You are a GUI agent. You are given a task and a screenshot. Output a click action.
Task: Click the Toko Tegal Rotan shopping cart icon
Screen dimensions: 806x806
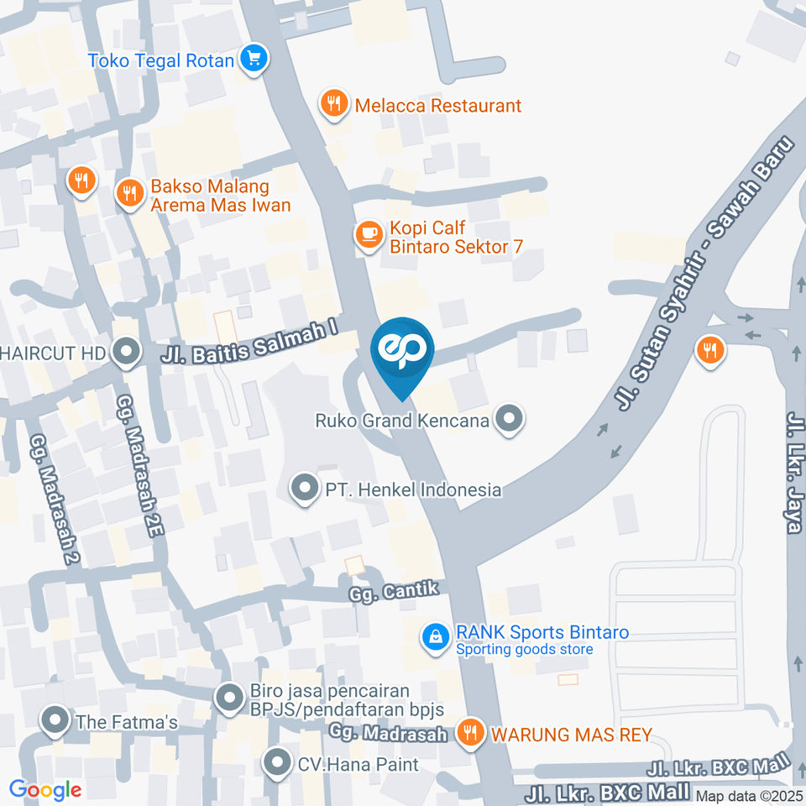pyautogui.click(x=254, y=59)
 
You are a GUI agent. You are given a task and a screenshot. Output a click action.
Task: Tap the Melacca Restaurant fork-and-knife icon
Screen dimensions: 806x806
pyautogui.click(x=334, y=105)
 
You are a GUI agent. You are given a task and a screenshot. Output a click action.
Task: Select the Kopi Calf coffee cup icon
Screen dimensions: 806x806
pyautogui.click(x=369, y=236)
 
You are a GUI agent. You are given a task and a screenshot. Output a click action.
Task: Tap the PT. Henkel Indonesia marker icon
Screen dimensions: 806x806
pyautogui.click(x=304, y=488)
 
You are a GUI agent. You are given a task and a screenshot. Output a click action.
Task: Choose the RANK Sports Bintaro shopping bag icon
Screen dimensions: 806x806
pyautogui.click(x=436, y=636)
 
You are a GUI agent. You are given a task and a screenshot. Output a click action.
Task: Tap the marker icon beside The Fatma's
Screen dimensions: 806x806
pyautogui.click(x=55, y=720)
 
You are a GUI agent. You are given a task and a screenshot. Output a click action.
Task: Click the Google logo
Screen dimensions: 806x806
pyautogui.click(x=45, y=789)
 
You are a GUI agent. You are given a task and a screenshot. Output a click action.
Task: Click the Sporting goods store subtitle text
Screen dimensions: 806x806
pyautogui.click(x=524, y=650)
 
